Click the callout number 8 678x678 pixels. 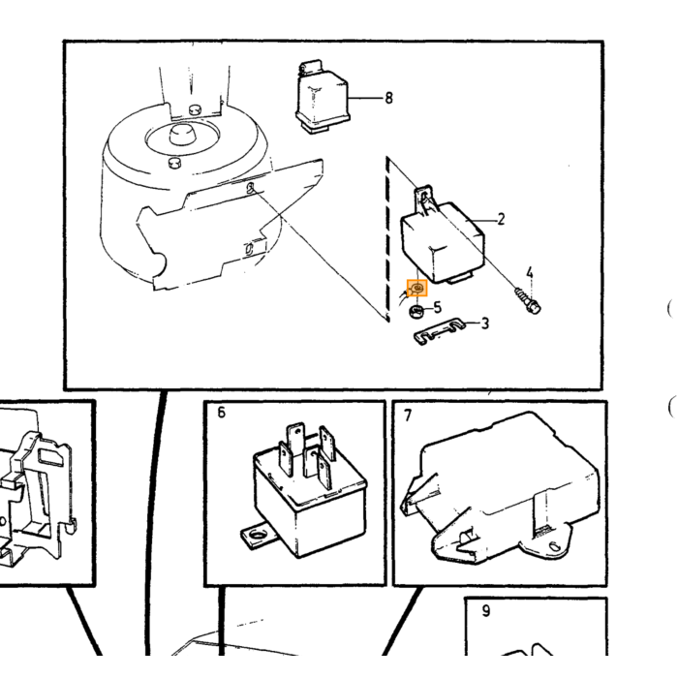coord(388,98)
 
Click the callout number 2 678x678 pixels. coord(501,219)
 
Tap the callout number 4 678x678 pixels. coord(530,273)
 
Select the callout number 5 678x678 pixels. coord(438,307)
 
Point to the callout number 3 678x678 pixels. coord(484,323)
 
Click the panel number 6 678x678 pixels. coord(222,413)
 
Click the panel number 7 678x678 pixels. coord(408,416)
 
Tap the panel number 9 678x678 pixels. coord(486,610)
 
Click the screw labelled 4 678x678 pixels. coord(528,299)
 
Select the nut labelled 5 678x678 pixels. coord(416,311)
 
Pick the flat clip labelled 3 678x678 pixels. coord(439,331)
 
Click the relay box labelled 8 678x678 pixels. coord(323,98)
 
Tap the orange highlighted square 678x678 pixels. coord(417,289)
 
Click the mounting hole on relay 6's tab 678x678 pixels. coord(259,536)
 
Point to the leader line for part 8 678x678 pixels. coord(366,98)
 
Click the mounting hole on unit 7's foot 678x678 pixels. coord(554,546)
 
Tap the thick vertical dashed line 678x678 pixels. coord(387,239)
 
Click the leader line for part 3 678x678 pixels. coord(472,323)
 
